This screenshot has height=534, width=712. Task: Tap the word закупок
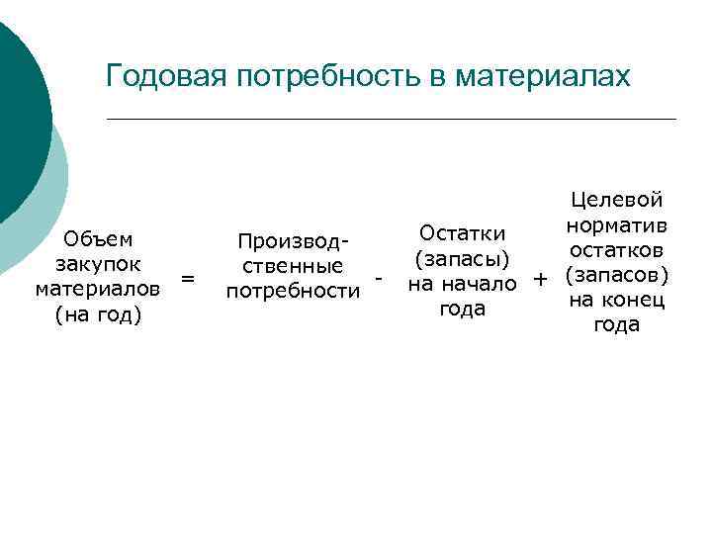click(x=98, y=264)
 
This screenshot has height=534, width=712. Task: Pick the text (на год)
click(x=98, y=315)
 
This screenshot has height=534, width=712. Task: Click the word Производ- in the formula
click(x=293, y=240)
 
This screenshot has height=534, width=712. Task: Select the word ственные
click(x=293, y=266)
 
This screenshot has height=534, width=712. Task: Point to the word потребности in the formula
click(x=293, y=292)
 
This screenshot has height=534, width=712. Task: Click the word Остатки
click(x=463, y=233)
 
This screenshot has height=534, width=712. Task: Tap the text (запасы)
click(x=462, y=259)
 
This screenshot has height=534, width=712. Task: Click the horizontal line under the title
click(x=391, y=120)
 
